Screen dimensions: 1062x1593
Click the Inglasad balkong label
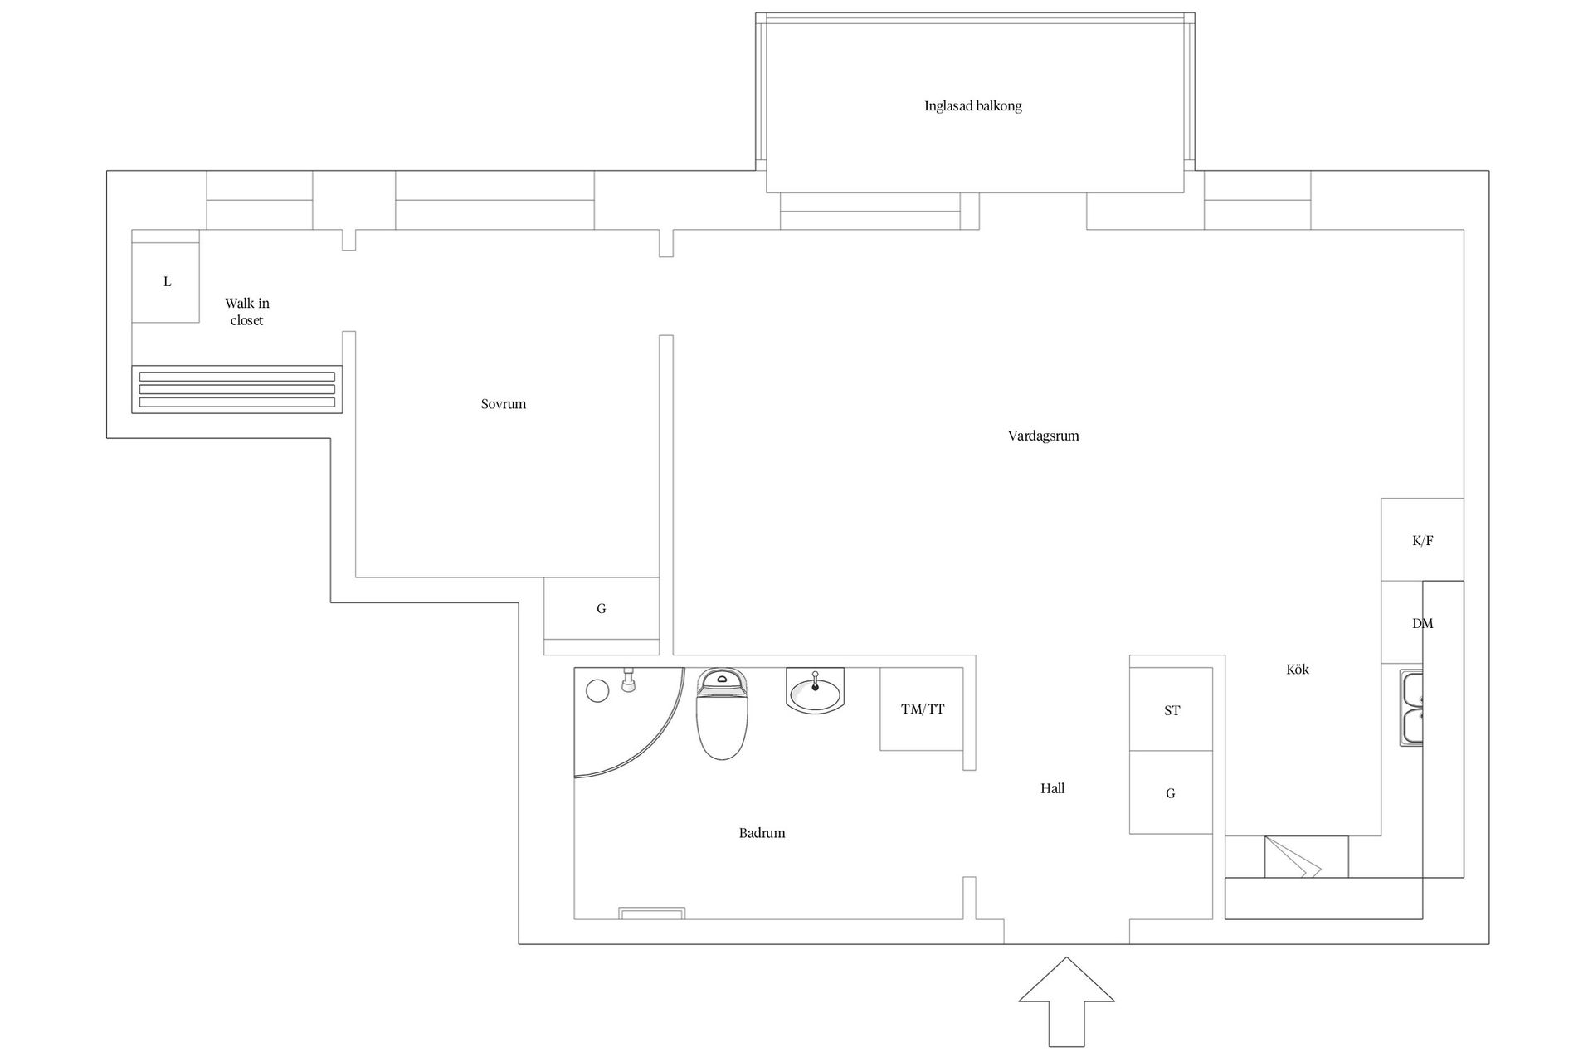tap(972, 106)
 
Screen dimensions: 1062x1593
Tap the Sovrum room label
tap(504, 404)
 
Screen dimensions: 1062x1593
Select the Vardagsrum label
tap(1043, 436)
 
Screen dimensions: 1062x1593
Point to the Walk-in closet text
tap(247, 312)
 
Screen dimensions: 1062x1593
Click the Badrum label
tap(762, 833)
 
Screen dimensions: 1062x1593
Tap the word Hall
tap(1052, 788)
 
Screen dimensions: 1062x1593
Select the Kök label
tap(1297, 670)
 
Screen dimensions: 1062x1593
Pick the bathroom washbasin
tap(815, 691)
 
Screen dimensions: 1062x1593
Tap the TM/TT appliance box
tap(923, 709)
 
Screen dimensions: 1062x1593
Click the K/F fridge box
tap(1422, 540)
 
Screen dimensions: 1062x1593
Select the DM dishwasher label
tap(1422, 623)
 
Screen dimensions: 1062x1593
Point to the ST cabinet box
tap(1171, 709)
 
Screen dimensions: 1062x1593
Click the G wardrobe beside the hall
tap(1171, 793)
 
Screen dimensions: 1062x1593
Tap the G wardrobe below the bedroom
tap(602, 609)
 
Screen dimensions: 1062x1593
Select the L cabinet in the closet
tap(166, 281)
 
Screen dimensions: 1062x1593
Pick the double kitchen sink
tap(1411, 708)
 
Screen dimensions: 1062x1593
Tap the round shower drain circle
tap(597, 690)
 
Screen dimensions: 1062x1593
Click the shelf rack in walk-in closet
tap(237, 389)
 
